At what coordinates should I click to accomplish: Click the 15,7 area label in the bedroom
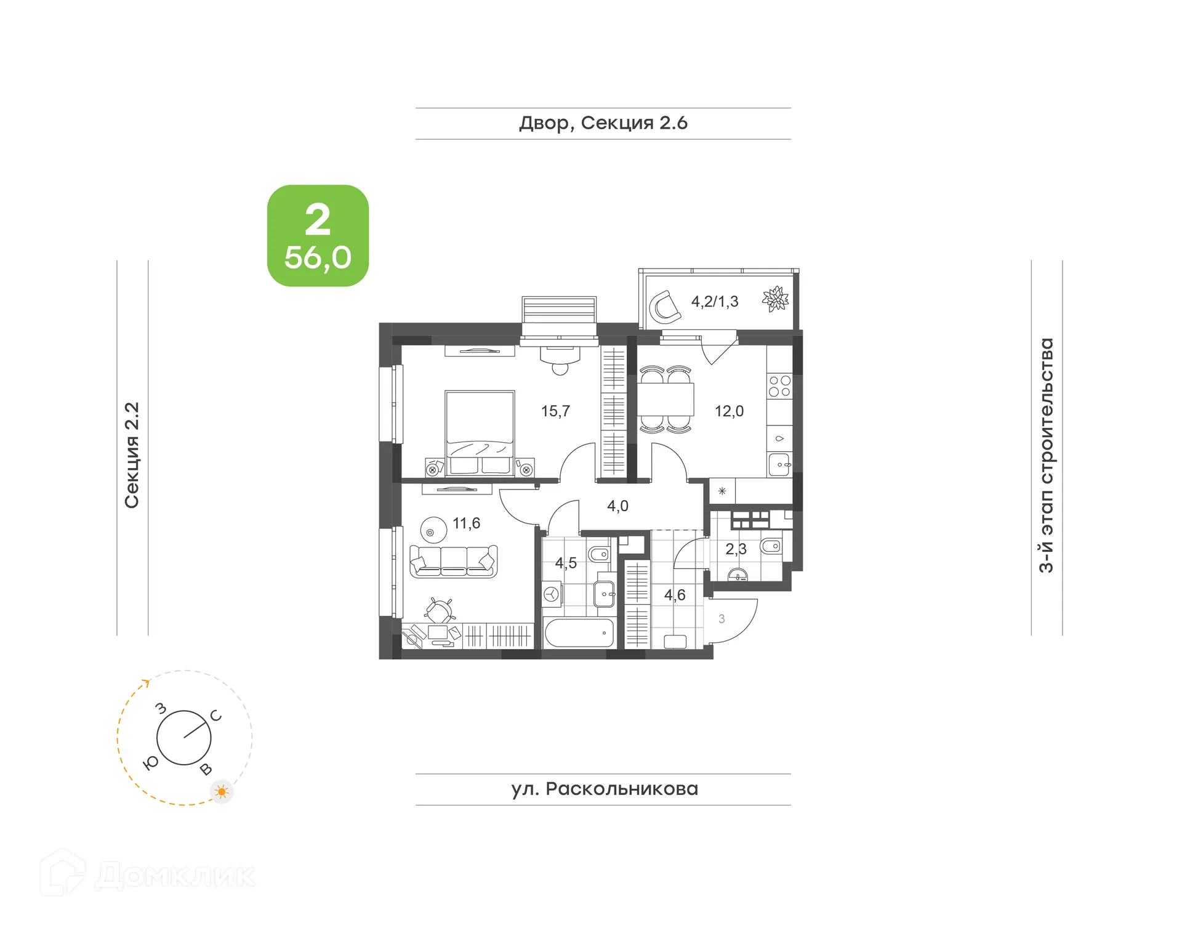(555, 411)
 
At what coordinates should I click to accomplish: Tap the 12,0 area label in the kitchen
(729, 411)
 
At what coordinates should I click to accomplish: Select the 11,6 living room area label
(466, 523)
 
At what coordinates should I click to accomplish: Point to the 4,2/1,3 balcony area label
(714, 302)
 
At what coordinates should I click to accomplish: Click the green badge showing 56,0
(318, 236)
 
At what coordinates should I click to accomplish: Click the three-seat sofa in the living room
(453, 560)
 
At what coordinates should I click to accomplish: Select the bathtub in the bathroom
(579, 633)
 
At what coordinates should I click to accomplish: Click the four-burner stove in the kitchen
(779, 387)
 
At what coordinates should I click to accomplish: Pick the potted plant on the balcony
(775, 299)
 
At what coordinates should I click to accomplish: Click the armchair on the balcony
(665, 307)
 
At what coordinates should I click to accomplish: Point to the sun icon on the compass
(222, 791)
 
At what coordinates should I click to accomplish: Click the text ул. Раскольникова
(604, 789)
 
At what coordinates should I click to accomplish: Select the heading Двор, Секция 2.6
(603, 123)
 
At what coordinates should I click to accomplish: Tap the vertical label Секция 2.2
(132, 455)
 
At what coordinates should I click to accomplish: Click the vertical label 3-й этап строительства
(1046, 455)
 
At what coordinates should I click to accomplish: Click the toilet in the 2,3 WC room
(771, 546)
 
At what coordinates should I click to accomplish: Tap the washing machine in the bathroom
(552, 594)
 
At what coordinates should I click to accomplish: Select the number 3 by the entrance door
(722, 619)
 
